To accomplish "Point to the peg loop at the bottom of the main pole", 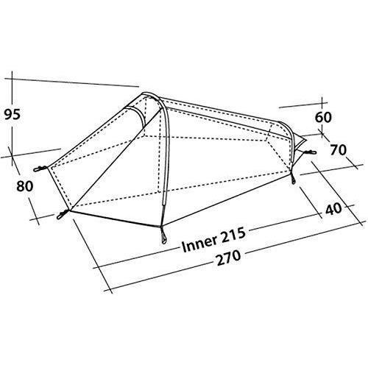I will [163, 237].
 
